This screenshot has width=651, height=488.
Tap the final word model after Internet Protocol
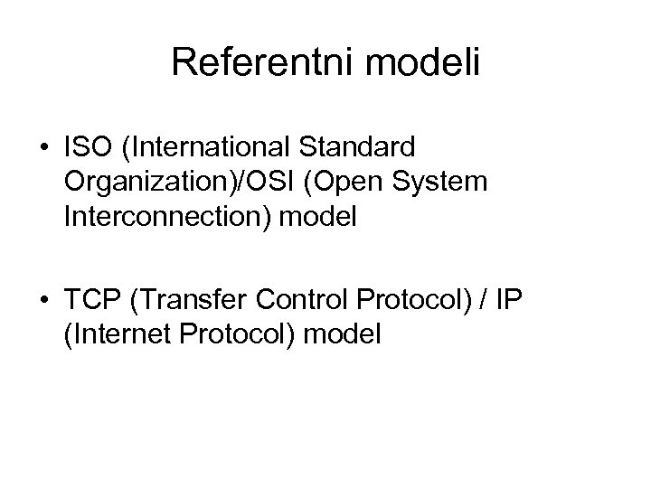click(344, 333)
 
